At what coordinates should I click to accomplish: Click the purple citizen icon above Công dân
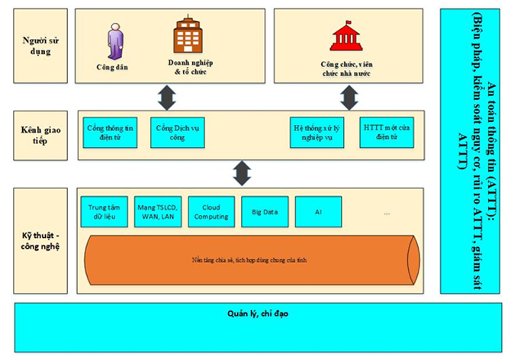pos(114,40)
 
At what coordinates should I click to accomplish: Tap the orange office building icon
pos(187,35)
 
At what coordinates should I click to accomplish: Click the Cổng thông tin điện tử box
pos(111,132)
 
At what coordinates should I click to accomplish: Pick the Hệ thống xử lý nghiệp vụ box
pos(315,132)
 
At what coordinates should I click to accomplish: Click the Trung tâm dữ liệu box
pos(104,211)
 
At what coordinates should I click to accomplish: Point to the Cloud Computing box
pos(210,211)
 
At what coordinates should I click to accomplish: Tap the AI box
pos(317,211)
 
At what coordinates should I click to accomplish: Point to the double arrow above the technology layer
pos(242,173)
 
